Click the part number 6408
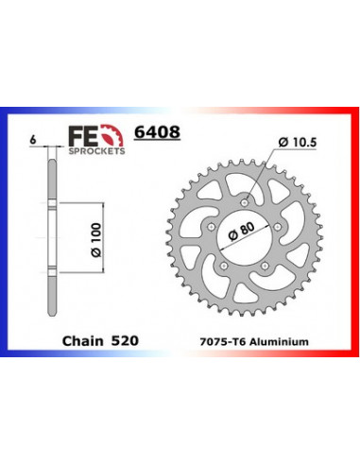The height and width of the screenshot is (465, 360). point(157,132)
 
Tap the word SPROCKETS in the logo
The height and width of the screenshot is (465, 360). point(96,151)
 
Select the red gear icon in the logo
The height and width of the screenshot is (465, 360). point(111,135)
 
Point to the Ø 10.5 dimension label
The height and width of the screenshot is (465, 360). point(298,143)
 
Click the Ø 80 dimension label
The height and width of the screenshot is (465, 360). point(242,232)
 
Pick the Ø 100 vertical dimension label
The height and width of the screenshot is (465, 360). point(96,240)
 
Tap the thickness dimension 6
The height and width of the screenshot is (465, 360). point(32,140)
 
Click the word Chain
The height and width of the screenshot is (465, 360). point(82,341)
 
